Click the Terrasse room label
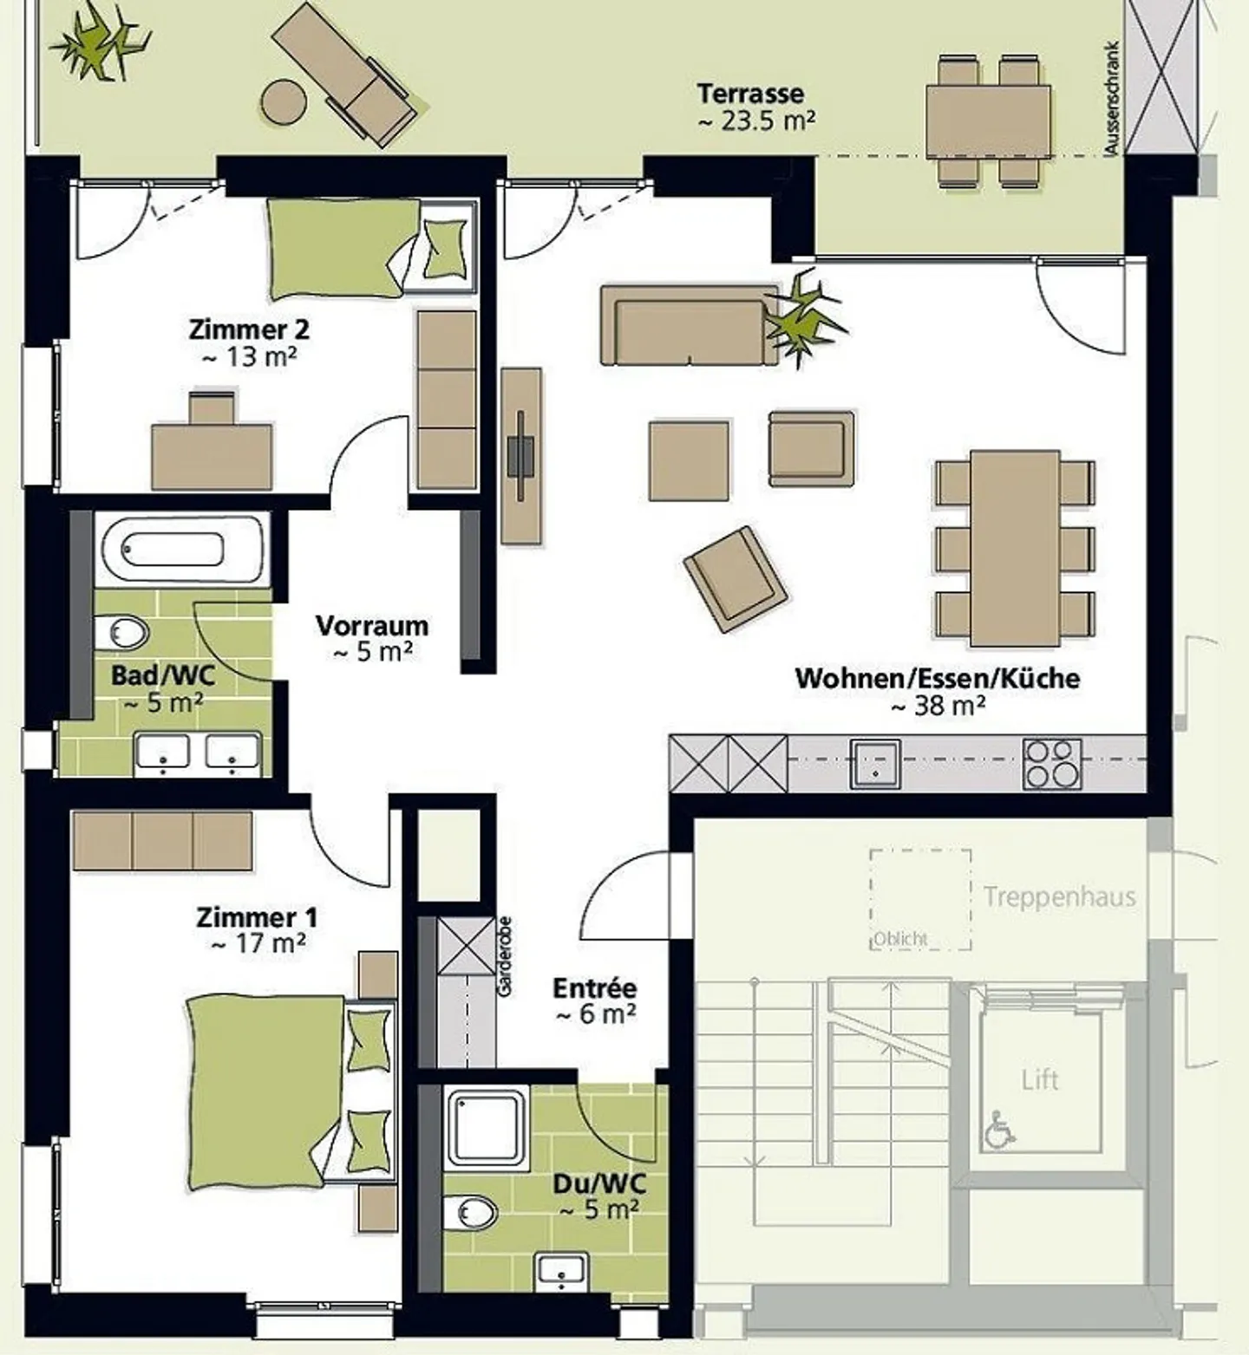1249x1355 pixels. click(x=751, y=93)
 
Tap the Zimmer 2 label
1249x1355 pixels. click(x=249, y=329)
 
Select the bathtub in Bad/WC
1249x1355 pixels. click(x=182, y=549)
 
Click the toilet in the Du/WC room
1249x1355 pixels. click(x=469, y=1211)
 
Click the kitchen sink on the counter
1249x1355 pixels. click(x=874, y=764)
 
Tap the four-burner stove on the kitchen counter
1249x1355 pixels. click(x=1052, y=764)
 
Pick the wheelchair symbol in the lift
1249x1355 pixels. click(x=999, y=1130)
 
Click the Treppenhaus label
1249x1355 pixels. click(x=1059, y=896)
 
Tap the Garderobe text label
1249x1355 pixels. click(x=505, y=955)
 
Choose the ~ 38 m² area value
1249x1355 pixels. click(x=938, y=707)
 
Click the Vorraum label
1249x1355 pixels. click(x=372, y=625)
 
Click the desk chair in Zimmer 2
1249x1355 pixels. click(x=213, y=407)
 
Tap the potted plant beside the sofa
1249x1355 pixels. click(x=804, y=316)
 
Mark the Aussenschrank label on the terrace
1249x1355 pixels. click(x=1113, y=100)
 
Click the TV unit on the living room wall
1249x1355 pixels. click(x=521, y=456)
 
